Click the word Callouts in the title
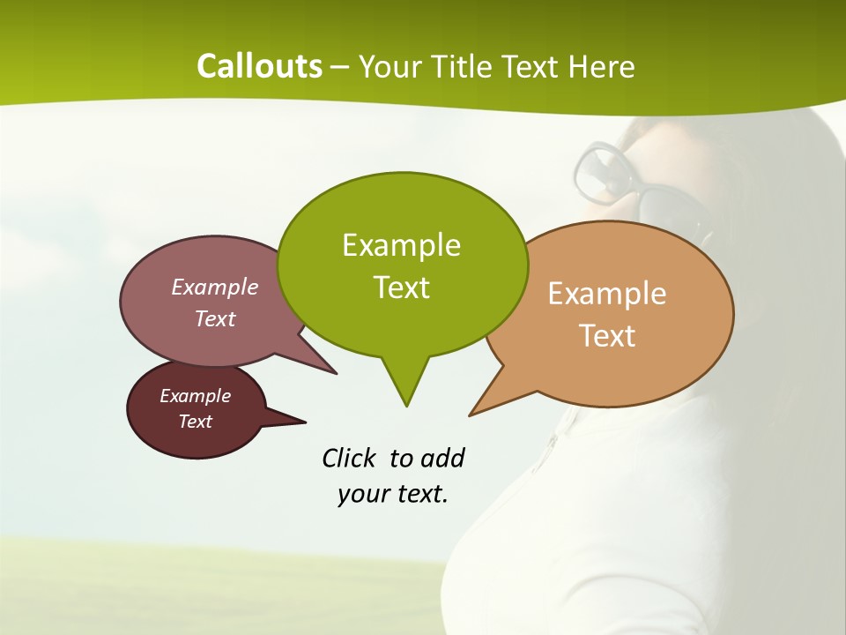click(259, 66)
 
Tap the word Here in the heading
click(602, 66)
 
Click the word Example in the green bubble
click(402, 245)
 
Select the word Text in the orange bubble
click(607, 336)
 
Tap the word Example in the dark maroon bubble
click(195, 396)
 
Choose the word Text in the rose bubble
click(215, 318)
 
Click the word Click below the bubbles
click(351, 458)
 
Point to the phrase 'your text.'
click(393, 494)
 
